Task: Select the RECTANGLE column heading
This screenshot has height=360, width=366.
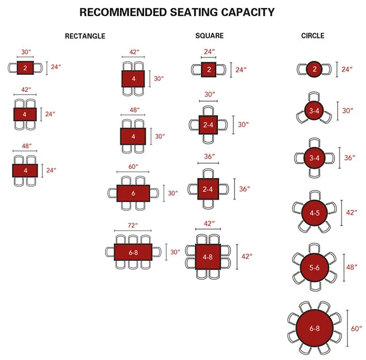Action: tap(85, 36)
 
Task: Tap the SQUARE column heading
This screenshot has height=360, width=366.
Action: tap(209, 36)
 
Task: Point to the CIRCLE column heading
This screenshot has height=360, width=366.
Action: tap(313, 36)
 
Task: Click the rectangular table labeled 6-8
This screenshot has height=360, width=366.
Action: tap(133, 252)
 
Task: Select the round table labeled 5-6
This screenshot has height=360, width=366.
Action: tap(314, 267)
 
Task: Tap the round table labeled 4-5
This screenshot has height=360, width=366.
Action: tap(314, 212)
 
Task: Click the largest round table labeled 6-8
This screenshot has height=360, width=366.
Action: tap(314, 328)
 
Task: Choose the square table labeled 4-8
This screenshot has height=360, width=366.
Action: tap(209, 256)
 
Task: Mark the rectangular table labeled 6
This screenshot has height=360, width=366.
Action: tap(133, 193)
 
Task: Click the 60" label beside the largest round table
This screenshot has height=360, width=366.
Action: tap(357, 328)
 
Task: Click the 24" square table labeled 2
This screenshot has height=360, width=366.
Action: tap(209, 69)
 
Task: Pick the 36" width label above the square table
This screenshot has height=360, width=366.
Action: tap(209, 157)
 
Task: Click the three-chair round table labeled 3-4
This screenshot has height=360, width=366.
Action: tap(313, 111)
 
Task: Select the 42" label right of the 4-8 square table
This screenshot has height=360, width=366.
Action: tap(247, 256)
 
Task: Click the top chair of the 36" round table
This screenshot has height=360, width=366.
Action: tap(314, 142)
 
